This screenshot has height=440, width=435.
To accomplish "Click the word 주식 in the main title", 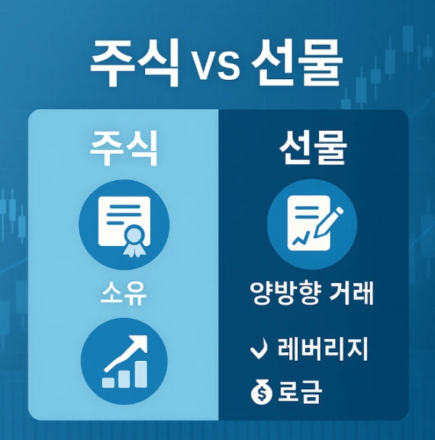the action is click(x=135, y=62).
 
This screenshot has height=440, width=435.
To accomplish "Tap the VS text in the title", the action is click(x=217, y=65).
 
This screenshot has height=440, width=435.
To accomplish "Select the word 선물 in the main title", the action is click(x=297, y=62).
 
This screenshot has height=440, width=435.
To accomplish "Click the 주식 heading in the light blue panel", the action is click(x=123, y=148).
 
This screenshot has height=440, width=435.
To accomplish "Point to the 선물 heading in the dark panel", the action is click(x=312, y=147).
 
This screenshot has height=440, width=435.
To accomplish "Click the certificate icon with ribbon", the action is click(x=124, y=225).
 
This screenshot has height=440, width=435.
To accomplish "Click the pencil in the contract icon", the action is click(x=328, y=222).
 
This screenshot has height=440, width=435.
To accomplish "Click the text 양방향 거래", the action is click(x=312, y=293).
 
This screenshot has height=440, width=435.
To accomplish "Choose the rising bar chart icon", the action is click(x=124, y=361).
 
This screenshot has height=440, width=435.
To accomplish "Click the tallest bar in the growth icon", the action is click(x=141, y=374).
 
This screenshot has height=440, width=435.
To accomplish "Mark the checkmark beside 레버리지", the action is click(x=259, y=349).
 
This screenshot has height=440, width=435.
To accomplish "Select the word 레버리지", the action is click(x=323, y=349).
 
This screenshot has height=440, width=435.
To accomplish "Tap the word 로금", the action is click(x=300, y=391).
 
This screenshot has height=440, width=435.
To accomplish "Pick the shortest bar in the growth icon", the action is click(x=108, y=383).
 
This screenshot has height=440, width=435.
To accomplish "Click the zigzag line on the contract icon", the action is click(x=301, y=237).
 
